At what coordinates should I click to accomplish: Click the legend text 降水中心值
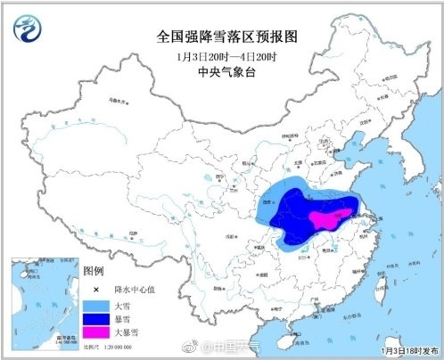tap(131, 289)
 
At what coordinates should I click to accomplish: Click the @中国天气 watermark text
tap(234, 347)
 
